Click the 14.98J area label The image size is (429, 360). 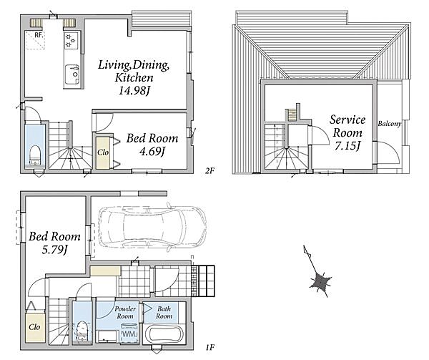pyautogui.click(x=134, y=90)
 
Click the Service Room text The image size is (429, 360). pyautogui.click(x=347, y=127)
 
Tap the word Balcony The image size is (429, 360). pyautogui.click(x=390, y=123)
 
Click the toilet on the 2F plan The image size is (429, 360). pyautogui.click(x=34, y=154)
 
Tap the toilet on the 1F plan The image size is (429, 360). pyautogui.click(x=82, y=331)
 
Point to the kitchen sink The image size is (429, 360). pyautogui.click(x=72, y=73)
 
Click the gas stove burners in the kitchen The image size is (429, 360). pyautogui.click(x=71, y=40)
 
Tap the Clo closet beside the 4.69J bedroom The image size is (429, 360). pyautogui.click(x=102, y=152)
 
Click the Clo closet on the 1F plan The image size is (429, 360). pyautogui.click(x=34, y=326)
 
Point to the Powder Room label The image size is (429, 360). pyautogui.click(x=125, y=311)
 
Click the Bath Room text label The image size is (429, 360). pyautogui.click(x=164, y=311)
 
